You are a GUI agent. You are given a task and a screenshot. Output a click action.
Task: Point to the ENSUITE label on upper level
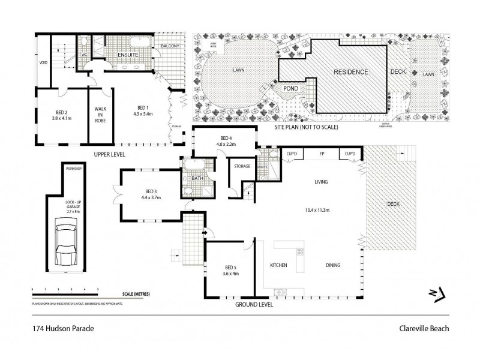click(x=128, y=55)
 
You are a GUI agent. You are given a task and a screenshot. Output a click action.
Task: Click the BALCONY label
click(x=170, y=46)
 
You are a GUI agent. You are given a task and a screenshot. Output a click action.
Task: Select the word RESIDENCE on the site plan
click(x=351, y=71)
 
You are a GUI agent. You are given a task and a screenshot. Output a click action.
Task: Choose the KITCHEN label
click(x=278, y=265)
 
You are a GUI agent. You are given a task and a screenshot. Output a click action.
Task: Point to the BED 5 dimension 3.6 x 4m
click(x=232, y=274)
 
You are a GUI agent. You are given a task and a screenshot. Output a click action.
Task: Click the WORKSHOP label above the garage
click(x=73, y=169)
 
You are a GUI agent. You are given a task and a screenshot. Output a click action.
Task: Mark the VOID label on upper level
click(x=43, y=62)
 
